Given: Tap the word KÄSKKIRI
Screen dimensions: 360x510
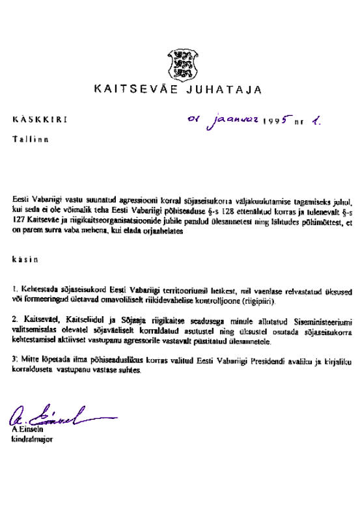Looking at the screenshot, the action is (x=38, y=120).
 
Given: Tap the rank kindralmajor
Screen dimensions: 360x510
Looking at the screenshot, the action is (x=32, y=439).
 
